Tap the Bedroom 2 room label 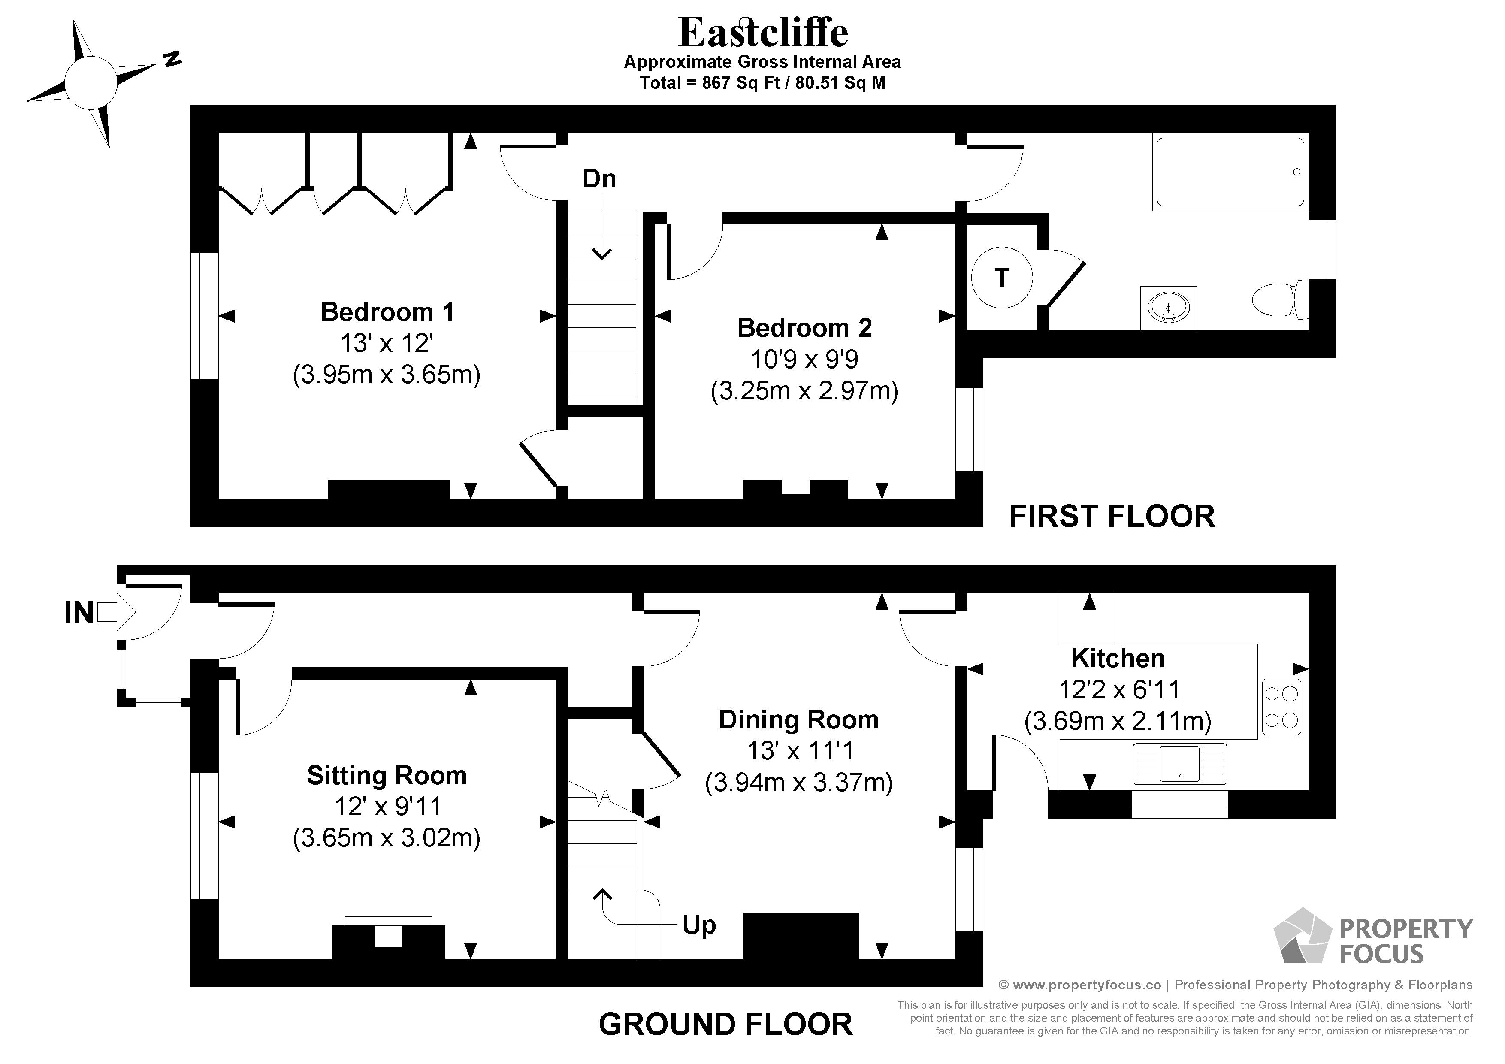point(804,328)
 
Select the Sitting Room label point(387,776)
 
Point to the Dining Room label point(798,720)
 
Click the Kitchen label point(1118,658)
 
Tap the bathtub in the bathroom point(1230,173)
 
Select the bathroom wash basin point(1168,308)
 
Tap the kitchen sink point(1179,764)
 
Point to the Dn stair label point(599,179)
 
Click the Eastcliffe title point(763,32)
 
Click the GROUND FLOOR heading point(725,1024)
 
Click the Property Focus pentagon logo point(1303,936)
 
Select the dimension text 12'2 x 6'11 point(1119,689)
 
